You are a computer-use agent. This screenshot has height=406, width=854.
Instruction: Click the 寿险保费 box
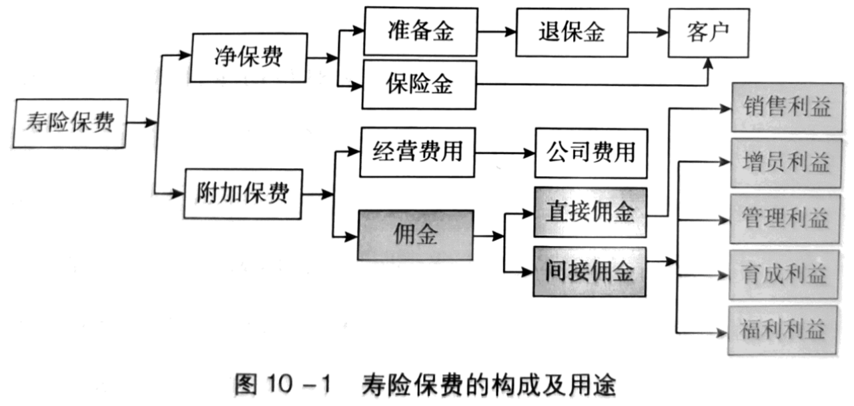coord(70,123)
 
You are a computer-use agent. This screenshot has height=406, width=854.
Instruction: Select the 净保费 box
coord(249,57)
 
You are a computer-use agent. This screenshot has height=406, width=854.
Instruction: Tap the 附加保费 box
coord(244,194)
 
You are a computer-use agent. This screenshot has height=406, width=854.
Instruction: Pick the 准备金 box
coord(421,31)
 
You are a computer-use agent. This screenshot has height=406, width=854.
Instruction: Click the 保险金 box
coord(420,85)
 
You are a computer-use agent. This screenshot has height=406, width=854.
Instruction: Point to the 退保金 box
coord(572,33)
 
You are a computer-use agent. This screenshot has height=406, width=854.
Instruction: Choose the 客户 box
coord(709,33)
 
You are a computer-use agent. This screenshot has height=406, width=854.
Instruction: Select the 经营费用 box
coord(418,153)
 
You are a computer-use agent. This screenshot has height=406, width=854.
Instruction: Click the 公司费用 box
coord(591,153)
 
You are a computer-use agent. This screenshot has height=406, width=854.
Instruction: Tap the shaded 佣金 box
coord(416,235)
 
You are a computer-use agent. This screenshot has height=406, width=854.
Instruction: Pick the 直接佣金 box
coord(590,212)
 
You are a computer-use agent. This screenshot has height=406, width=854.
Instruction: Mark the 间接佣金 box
coord(590,272)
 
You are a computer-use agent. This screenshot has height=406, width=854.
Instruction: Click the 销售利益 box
coord(787,107)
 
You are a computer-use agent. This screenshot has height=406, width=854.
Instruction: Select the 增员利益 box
coord(786,163)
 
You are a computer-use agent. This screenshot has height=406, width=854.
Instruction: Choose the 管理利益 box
coord(785,219)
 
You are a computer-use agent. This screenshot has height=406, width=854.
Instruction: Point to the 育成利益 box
coord(784,275)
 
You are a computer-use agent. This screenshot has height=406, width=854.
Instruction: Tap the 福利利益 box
coord(783,330)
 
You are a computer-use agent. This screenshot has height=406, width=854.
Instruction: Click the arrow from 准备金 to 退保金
coord(497,32)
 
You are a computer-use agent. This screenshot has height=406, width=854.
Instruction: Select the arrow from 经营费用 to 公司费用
coord(505,153)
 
